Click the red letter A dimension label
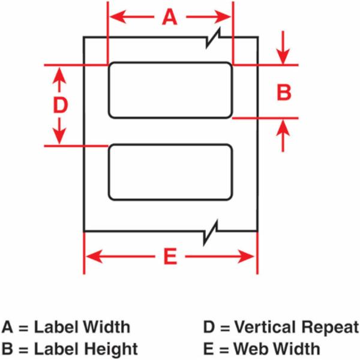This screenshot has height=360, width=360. pyautogui.click(x=170, y=17)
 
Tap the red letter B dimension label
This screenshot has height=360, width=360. pyautogui.click(x=284, y=92)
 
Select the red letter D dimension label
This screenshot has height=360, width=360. pyautogui.click(x=61, y=105)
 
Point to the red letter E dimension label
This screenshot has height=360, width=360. pyautogui.click(x=170, y=256)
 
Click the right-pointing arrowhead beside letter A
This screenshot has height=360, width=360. pyautogui.click(x=222, y=17)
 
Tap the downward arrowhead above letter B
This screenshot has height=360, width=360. pyautogui.click(x=283, y=56)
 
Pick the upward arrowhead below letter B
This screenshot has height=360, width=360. pyautogui.click(x=283, y=127)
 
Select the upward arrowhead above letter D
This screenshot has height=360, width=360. pyautogui.click(x=59, y=76)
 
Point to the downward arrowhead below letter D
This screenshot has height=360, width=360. pyautogui.click(x=59, y=136)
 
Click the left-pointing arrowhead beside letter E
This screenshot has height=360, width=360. pyautogui.click(x=94, y=256)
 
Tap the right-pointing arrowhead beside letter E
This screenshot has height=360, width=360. pyautogui.click(x=245, y=256)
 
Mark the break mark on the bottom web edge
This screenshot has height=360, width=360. pyautogui.click(x=211, y=232)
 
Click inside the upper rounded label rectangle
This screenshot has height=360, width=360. pyautogui.click(x=170, y=90)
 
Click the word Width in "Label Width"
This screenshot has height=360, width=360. pyautogui.click(x=106, y=327)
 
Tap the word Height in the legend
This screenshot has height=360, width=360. pyautogui.click(x=111, y=349)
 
